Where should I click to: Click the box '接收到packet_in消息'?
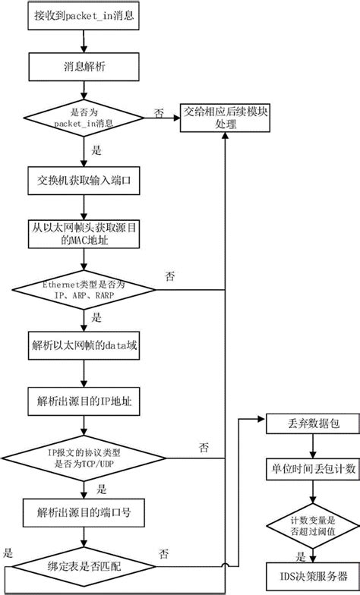tap(81, 15)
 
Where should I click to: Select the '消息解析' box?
tap(81, 66)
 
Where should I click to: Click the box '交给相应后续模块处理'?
tap(226, 117)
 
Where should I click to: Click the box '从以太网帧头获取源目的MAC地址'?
tap(81, 235)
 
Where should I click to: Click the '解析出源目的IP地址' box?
tap(81, 399)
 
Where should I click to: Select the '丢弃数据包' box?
tap(309, 425)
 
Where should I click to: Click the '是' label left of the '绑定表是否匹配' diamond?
tap(8, 552)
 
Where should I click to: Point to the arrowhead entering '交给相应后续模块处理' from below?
tap(226, 139)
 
